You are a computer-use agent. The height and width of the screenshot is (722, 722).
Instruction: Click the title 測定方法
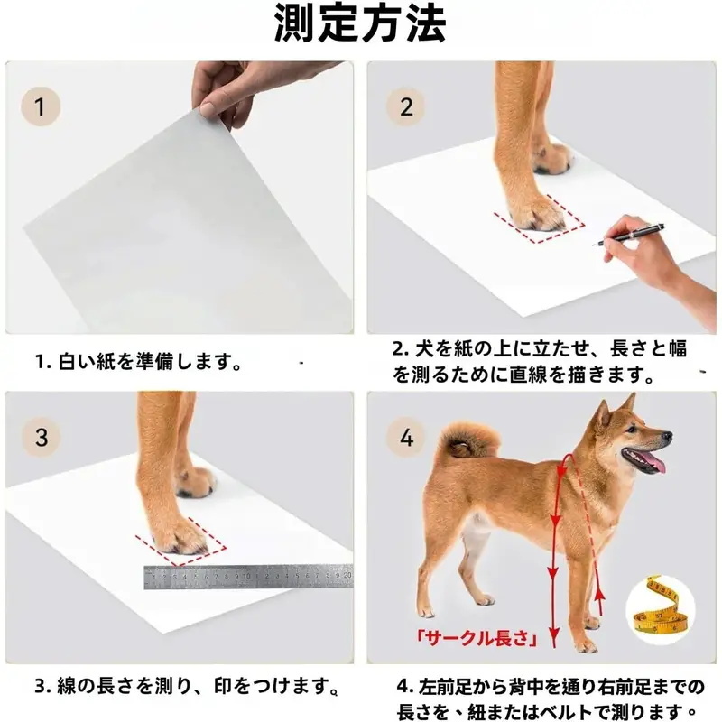pos(359,23)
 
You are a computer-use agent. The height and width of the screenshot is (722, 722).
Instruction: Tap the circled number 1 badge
pos(41,106)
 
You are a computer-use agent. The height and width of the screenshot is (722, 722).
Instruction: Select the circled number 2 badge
pos(405,106)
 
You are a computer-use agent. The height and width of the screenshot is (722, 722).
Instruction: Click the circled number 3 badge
pos(41,437)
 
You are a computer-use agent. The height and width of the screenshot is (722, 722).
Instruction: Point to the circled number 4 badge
pos(406,437)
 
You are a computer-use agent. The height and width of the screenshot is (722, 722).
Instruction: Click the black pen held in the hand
pos(631,234)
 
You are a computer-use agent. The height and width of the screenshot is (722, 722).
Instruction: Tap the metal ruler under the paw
pos(248,577)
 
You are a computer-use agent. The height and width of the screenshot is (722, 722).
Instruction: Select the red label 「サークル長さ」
pos(477,638)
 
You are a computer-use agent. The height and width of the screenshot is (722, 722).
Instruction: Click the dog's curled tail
pos(467,440)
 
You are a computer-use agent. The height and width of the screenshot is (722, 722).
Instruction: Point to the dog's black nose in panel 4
pos(666,435)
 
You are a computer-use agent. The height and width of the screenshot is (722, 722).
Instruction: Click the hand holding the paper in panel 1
pos(239,92)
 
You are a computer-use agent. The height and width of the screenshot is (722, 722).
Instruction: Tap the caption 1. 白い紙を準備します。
pos(139,362)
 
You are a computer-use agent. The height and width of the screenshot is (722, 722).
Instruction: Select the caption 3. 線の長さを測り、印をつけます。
pos(187,686)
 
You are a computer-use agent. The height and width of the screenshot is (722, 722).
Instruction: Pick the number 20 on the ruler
pos(347,575)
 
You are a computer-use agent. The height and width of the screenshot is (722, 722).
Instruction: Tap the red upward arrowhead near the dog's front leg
pos(599,596)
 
